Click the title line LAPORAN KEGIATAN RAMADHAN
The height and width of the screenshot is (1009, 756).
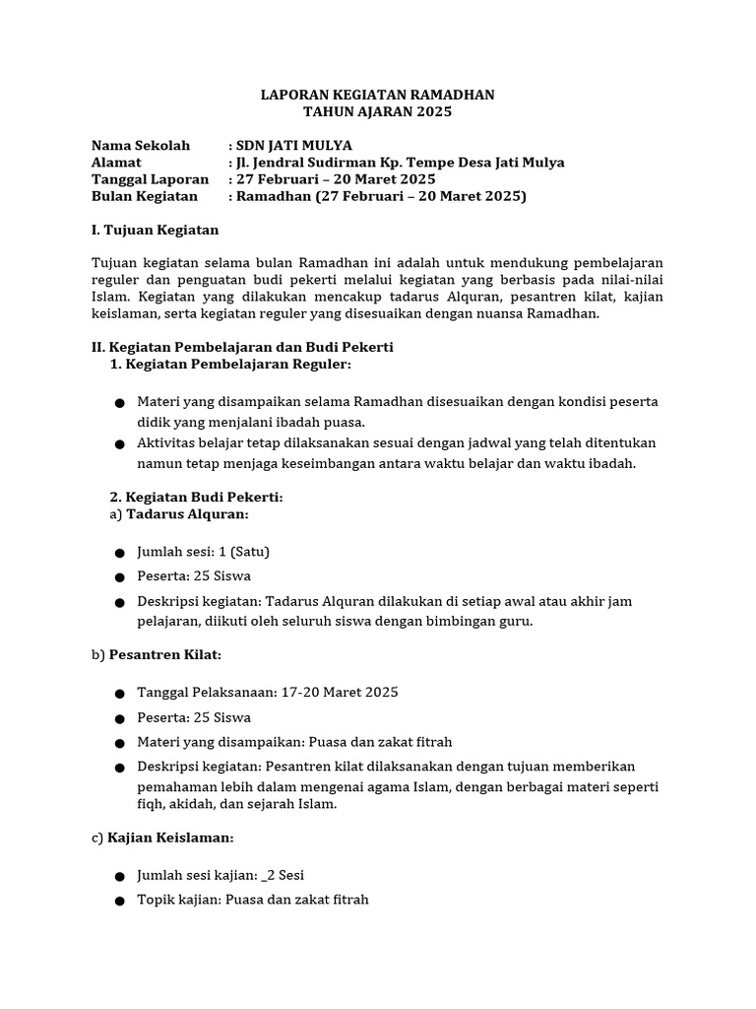(377, 95)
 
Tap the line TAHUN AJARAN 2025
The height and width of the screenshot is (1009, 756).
(377, 112)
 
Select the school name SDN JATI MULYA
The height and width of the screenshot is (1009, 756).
(292, 146)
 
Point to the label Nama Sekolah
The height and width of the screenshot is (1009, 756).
(140, 146)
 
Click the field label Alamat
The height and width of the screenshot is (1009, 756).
(116, 163)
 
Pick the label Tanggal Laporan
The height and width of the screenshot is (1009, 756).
(150, 179)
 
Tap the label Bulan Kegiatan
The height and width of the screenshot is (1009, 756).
(144, 196)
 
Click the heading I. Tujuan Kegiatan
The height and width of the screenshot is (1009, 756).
(155, 230)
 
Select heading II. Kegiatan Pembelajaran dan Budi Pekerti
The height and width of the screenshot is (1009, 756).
(242, 347)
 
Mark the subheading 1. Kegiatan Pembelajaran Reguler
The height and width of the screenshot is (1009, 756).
(230, 364)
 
